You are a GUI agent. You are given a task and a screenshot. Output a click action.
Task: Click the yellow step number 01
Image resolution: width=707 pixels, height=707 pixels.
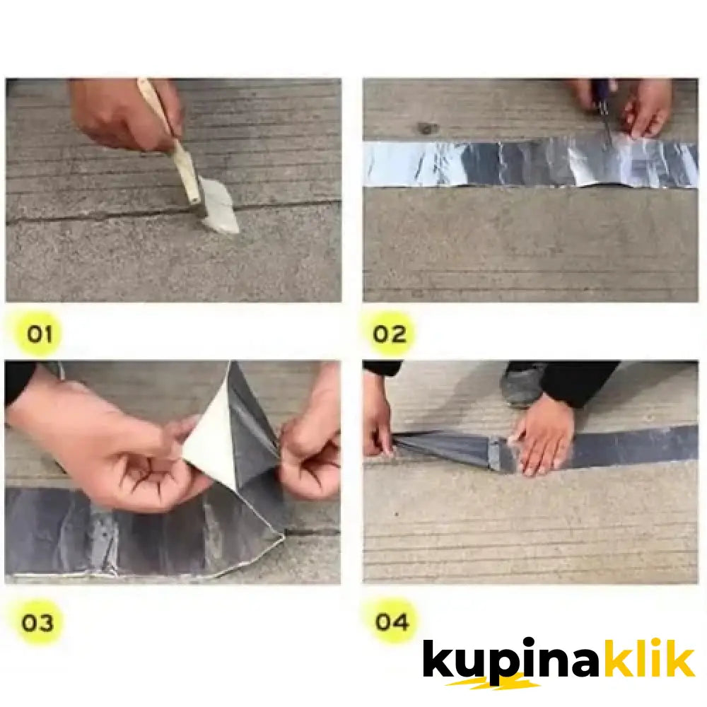pos(40,333)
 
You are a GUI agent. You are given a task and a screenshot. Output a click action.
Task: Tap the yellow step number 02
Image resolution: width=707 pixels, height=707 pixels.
pos(390,333)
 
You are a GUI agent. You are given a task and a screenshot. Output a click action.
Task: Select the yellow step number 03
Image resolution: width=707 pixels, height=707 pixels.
pos(37,623)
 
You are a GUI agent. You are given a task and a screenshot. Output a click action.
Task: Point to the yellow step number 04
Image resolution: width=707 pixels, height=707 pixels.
pos(392,622)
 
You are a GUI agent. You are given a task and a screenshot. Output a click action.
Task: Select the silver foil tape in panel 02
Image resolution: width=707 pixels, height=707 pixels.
pos(495,163)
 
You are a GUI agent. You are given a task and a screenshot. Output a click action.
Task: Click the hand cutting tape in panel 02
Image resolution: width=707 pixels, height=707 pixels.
pos(647,106)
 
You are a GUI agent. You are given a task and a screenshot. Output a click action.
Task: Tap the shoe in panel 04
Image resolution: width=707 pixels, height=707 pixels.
pos(521,385)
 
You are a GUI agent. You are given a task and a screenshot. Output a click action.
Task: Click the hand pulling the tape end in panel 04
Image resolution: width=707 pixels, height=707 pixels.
pos(377,424)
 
